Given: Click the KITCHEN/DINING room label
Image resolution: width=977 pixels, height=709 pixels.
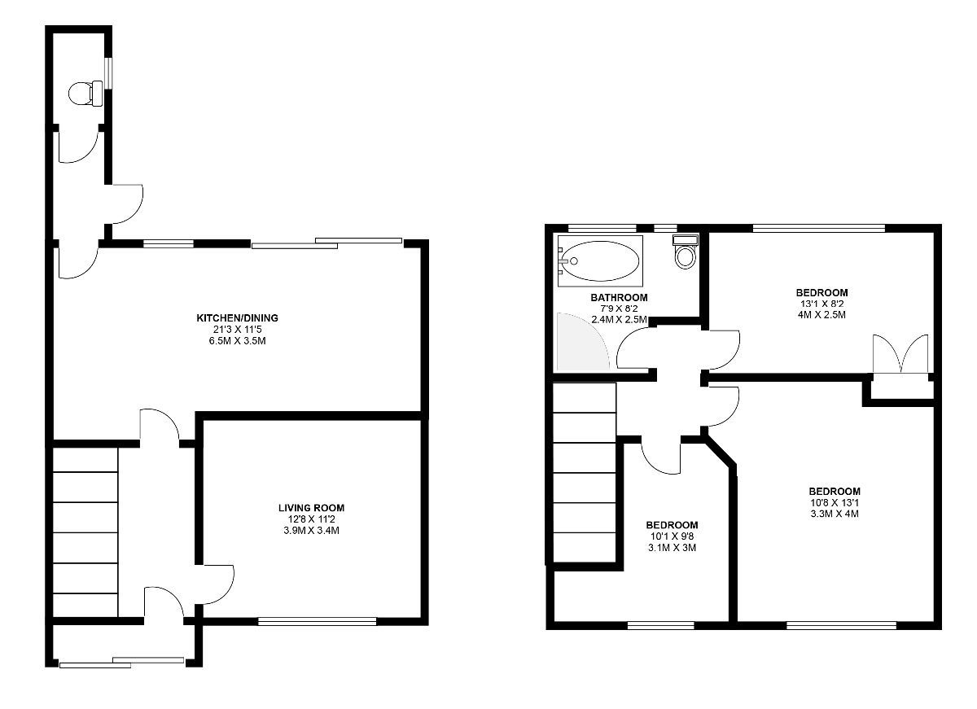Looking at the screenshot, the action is (237, 318).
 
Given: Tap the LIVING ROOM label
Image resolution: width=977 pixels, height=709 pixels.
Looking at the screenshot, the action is (311, 508).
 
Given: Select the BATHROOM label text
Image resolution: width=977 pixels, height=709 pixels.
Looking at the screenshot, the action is (619, 297).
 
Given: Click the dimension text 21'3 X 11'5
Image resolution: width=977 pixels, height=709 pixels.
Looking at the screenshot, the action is (237, 330).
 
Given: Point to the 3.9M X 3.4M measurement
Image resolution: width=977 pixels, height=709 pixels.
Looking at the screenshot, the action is (311, 531).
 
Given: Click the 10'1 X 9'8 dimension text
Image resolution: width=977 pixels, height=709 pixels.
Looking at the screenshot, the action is (672, 536).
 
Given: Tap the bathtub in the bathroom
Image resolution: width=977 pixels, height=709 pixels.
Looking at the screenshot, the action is (601, 261).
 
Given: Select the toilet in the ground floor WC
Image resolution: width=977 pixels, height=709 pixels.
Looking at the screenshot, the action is (86, 94).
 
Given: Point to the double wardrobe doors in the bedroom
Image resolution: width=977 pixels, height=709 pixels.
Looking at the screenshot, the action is (900, 353).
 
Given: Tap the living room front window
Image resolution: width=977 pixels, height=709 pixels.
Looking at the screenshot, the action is (317, 621).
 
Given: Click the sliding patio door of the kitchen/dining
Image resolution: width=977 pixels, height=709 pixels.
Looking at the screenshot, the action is (326, 243).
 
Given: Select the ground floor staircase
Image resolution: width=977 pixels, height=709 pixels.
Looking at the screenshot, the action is (85, 532).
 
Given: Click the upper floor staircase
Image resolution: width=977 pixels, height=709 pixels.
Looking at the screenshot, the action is (585, 473).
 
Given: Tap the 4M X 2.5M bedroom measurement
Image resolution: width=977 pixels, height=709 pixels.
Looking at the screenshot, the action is (821, 314).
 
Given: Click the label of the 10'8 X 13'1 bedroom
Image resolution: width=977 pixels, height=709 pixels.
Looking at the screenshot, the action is (835, 492).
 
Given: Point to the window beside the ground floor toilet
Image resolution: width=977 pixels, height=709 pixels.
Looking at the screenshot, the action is (110, 73).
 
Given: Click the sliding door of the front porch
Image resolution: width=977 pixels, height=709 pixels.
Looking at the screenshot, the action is (121, 663).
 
